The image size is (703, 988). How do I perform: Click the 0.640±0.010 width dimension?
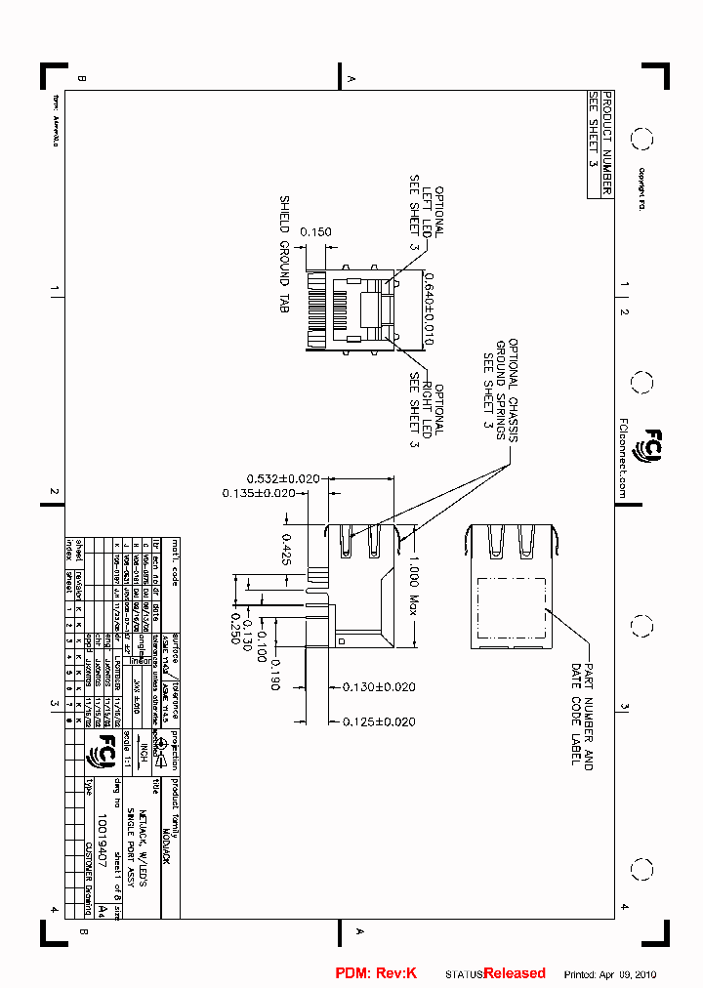429,310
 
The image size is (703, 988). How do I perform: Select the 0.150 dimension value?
315,232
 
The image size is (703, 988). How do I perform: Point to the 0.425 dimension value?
287,550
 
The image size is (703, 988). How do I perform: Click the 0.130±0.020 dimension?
379,687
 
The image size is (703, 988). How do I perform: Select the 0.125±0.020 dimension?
379,721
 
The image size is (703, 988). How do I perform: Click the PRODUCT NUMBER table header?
606,144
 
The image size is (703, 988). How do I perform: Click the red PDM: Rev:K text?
376,973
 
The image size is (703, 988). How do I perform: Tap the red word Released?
515,973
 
